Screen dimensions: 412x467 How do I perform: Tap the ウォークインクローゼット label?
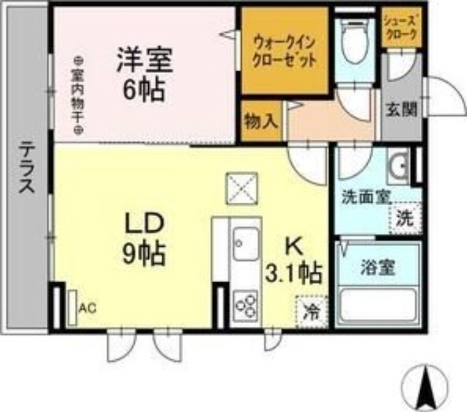pos(285,51)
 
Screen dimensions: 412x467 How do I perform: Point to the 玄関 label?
pos(400,109)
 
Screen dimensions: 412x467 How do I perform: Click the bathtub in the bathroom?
pos(378,307)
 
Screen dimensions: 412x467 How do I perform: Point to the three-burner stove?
pos(246,304)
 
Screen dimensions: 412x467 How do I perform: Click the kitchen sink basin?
pos(245,245)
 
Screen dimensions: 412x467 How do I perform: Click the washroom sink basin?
pos(400,165)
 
